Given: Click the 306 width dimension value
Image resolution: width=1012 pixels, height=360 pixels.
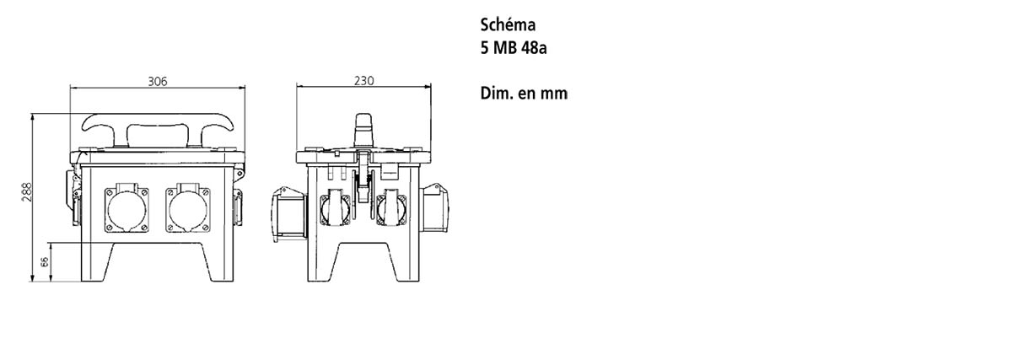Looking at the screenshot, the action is [157, 81].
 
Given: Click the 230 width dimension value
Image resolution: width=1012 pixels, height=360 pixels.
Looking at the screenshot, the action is [363, 81].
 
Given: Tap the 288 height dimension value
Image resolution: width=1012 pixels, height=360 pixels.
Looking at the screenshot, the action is [27, 192].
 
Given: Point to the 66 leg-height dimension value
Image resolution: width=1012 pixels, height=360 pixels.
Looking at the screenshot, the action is [44, 262].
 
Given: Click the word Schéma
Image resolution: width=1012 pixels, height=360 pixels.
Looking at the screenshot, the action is [508, 24].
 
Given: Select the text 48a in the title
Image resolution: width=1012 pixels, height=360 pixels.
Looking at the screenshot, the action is [534, 48].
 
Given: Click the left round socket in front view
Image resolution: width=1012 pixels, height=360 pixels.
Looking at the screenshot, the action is [127, 209].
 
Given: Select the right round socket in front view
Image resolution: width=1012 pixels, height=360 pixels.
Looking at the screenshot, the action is [188, 209].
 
